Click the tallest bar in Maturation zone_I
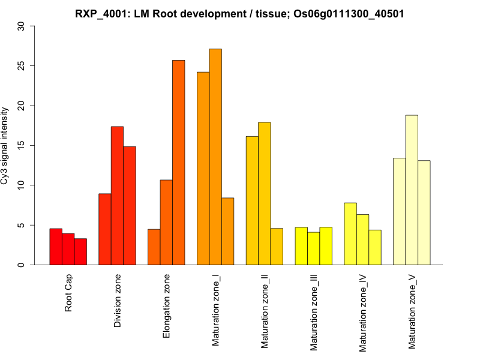coord(215,157)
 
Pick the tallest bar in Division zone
coord(117,196)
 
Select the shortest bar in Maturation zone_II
coord(277,246)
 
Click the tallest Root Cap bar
coord(56,247)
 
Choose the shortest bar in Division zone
coord(105,229)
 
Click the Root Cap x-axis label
coord(68,294)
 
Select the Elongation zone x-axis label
coord(167,306)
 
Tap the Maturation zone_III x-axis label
coord(314,313)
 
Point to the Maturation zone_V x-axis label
coord(412,312)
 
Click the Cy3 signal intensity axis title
coord(5,146)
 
